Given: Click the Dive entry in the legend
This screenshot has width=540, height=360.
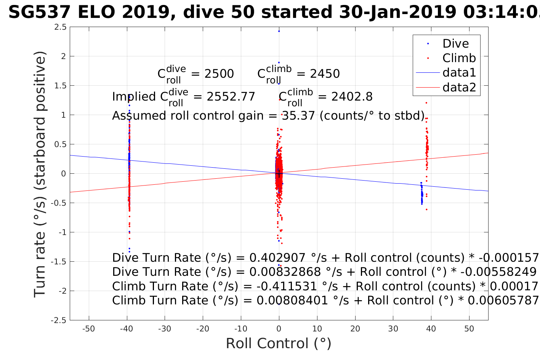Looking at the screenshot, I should pos(455,44).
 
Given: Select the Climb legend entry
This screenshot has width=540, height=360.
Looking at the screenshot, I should pos(459,58).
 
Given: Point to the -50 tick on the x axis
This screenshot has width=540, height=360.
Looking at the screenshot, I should pos(88,329).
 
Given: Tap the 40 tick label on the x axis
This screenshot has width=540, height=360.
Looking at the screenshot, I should pos(431,329).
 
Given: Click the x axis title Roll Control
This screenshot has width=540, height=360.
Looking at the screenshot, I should pos(279,344).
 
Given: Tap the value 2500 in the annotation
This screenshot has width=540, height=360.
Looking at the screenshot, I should pos(219,74).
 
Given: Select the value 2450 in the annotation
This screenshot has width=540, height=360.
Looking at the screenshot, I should pos(325,74).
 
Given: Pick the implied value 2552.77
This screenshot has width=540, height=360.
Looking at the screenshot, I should pos(231,97).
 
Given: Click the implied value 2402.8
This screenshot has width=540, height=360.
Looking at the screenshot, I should pos(352,97).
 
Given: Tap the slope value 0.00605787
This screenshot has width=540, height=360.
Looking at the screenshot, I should pos(503,301).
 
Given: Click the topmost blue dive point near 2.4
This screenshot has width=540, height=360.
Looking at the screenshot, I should pos(279,31).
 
